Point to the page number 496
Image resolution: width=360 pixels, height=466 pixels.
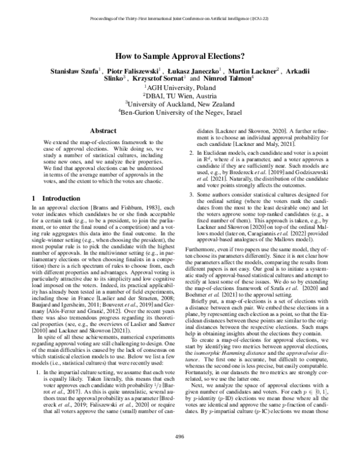(x=179, y=453)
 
